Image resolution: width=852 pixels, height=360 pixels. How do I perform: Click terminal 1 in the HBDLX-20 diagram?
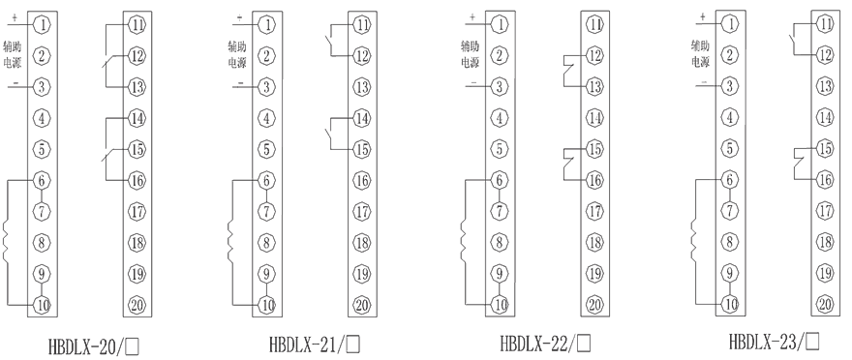pyautogui.click(x=42, y=22)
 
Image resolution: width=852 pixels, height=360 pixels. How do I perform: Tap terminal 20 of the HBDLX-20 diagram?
pyautogui.click(x=137, y=306)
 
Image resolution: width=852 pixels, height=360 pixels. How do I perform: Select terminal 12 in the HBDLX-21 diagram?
pyautogui.click(x=361, y=55)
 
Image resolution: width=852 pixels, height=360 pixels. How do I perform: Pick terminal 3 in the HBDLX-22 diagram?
pyautogui.click(x=499, y=87)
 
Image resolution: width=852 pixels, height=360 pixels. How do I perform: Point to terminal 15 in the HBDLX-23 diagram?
pyautogui.click(x=824, y=148)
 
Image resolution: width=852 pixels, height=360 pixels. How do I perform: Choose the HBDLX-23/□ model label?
pyautogui.click(x=774, y=342)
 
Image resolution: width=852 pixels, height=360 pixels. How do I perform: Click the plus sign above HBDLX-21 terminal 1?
pyautogui.click(x=239, y=16)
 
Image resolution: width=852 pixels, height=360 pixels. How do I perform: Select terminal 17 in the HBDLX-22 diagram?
pyautogui.click(x=594, y=211)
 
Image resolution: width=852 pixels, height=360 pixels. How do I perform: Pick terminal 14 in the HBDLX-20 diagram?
pyautogui.click(x=137, y=118)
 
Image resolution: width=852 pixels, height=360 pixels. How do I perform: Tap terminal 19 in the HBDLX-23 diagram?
pyautogui.click(x=824, y=273)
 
